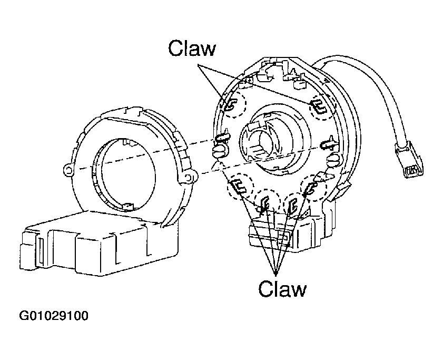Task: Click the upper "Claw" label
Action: coord(192,48)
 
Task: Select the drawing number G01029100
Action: coord(54,316)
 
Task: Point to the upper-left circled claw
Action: coord(233,104)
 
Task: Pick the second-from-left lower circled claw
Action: coord(267,201)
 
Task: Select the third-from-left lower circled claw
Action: coord(294,203)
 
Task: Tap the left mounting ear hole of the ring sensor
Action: coord(67,169)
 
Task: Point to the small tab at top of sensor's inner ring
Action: coord(125,142)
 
